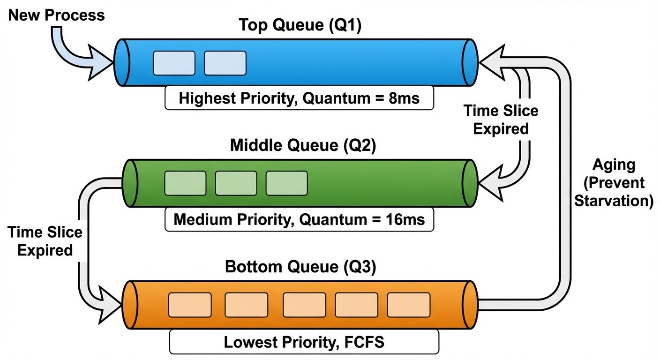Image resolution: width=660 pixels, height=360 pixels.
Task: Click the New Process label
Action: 56,15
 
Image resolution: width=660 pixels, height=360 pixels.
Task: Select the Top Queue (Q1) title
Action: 300,25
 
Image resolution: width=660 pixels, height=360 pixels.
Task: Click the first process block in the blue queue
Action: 174,63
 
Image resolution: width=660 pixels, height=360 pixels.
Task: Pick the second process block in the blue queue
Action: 225,63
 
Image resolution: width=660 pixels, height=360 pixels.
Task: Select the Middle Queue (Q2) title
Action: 303,145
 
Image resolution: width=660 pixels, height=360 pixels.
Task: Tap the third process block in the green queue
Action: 286,183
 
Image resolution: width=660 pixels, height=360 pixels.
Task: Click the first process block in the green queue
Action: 185,183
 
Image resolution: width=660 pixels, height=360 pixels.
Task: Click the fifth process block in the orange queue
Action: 409,305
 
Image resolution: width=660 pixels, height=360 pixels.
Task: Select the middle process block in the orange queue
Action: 304,305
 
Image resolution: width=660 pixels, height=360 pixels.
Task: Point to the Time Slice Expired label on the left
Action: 45,241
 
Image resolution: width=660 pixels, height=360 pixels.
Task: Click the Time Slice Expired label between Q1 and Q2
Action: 501,120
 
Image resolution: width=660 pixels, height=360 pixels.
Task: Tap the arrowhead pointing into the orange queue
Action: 109,305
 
